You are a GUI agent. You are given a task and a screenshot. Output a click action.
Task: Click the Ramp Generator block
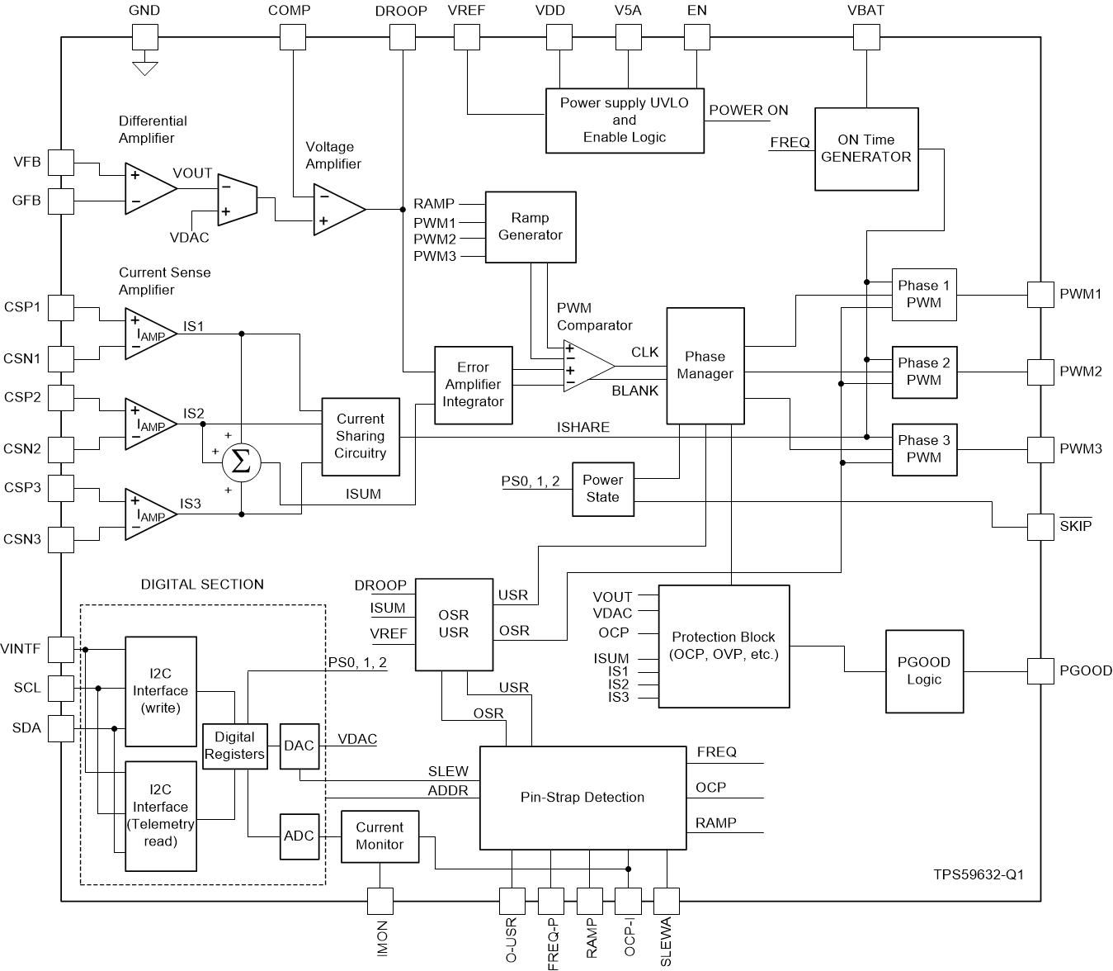click(530, 227)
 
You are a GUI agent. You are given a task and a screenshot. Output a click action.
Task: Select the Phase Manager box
click(705, 365)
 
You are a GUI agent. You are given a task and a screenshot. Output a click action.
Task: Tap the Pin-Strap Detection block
click(582, 798)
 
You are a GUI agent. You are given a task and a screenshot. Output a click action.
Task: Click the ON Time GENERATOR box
click(866, 149)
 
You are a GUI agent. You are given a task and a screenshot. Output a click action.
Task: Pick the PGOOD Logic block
click(923, 670)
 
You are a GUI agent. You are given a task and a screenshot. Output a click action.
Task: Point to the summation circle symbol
click(241, 462)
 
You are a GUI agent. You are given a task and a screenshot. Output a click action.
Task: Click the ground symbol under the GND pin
click(145, 68)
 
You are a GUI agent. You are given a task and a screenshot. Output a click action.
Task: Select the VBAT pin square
click(866, 36)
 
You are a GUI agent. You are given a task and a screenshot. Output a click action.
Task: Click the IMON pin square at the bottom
click(380, 901)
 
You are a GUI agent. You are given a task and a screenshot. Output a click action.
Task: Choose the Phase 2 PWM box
click(924, 372)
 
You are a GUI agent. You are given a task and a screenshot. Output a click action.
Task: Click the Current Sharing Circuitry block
click(361, 436)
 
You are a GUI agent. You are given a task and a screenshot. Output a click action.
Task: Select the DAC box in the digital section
click(299, 746)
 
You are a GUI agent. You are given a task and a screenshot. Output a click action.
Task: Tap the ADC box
click(299, 836)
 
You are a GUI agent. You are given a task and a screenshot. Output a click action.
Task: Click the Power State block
click(602, 489)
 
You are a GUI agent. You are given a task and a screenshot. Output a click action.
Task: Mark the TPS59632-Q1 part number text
click(979, 874)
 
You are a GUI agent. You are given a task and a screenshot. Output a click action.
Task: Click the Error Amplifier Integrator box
click(473, 385)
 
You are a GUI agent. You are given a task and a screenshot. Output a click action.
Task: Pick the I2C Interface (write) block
click(161, 690)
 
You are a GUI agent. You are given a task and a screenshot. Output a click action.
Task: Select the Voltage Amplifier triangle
click(337, 210)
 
